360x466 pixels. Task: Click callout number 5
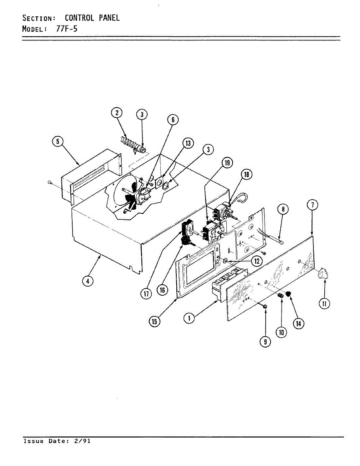click(x=57, y=142)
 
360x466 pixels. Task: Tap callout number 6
click(x=173, y=120)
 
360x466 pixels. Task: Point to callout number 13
click(x=188, y=144)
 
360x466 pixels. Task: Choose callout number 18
click(x=246, y=174)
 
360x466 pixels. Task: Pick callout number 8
click(x=283, y=209)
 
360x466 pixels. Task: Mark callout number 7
click(x=313, y=205)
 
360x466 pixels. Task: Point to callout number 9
click(x=265, y=342)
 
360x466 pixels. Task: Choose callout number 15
click(x=155, y=322)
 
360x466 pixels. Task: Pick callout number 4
click(x=89, y=282)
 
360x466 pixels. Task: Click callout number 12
click(x=256, y=261)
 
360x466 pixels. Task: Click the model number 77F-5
click(x=67, y=29)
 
